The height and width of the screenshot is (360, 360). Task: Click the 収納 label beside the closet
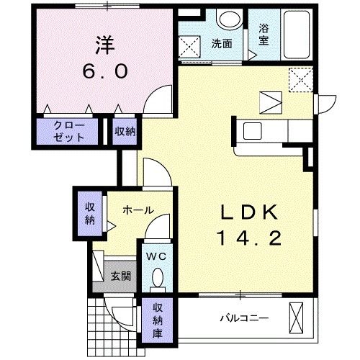[125, 131]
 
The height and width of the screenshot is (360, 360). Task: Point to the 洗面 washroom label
[221, 43]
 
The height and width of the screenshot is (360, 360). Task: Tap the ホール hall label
[138, 210]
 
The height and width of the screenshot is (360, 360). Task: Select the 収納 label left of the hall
[89, 213]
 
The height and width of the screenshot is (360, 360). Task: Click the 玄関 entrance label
[120, 276]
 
